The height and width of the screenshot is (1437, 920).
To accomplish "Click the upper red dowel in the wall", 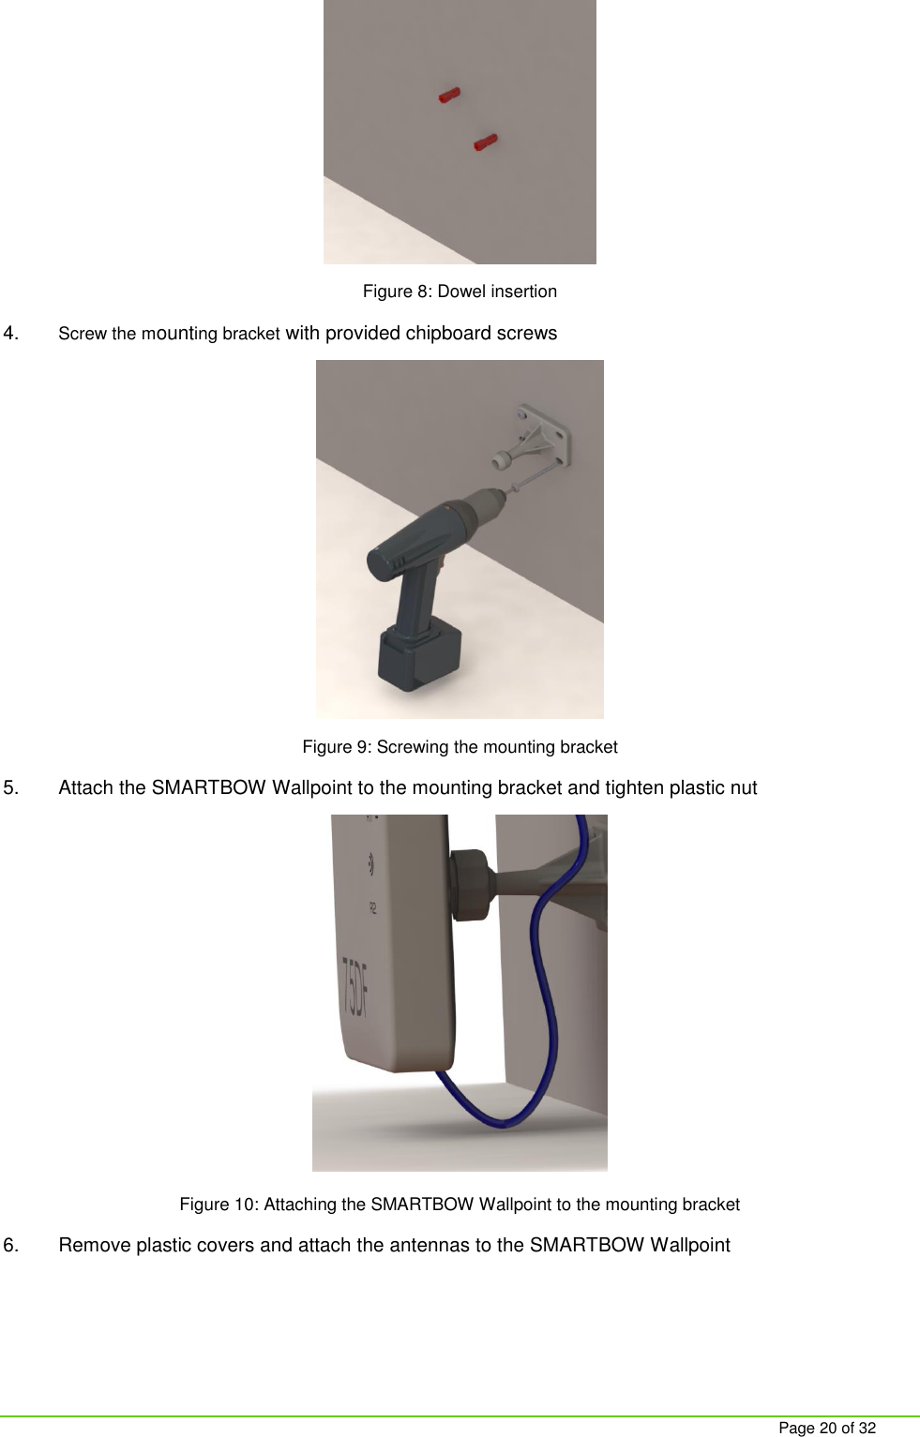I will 450,95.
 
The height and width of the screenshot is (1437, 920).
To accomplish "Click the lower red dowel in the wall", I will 485,142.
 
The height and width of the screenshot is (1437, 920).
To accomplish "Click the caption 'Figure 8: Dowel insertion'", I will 460,292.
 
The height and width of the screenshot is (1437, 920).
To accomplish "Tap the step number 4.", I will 11,333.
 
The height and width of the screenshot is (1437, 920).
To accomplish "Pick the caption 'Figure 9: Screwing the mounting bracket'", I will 460,747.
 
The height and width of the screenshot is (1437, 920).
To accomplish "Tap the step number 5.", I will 11,787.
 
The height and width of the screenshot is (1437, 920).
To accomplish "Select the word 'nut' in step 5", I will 742,787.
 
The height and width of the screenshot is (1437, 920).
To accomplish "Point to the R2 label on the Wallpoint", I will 372,906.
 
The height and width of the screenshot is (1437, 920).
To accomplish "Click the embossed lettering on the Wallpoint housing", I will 355,988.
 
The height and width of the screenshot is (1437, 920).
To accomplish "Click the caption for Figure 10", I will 460,1205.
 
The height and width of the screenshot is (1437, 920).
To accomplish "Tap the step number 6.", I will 11,1245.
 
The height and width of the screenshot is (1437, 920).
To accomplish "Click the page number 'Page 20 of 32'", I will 827,1428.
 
